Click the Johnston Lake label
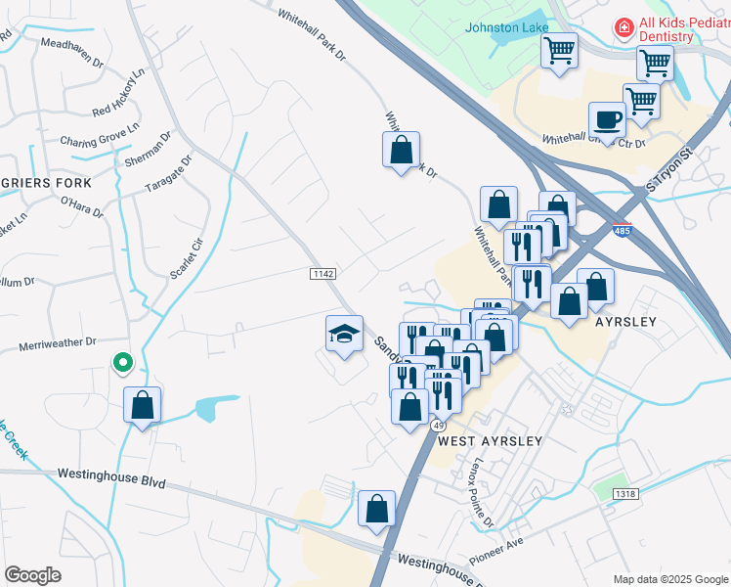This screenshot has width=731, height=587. point(507,27)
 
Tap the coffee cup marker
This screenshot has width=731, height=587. point(607,120)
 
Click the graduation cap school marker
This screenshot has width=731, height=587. point(344,335)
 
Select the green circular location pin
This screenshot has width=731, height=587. point(122,364)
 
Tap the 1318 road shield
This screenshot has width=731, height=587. point(625,495)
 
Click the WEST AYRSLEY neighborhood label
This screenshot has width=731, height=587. point(490,441)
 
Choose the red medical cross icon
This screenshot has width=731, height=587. point(623,28)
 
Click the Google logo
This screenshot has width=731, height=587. point(32,575)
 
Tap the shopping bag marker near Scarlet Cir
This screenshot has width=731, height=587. point(143,405)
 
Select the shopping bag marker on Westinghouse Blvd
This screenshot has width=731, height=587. point(376,510)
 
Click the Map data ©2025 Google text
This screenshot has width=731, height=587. point(669,579)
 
